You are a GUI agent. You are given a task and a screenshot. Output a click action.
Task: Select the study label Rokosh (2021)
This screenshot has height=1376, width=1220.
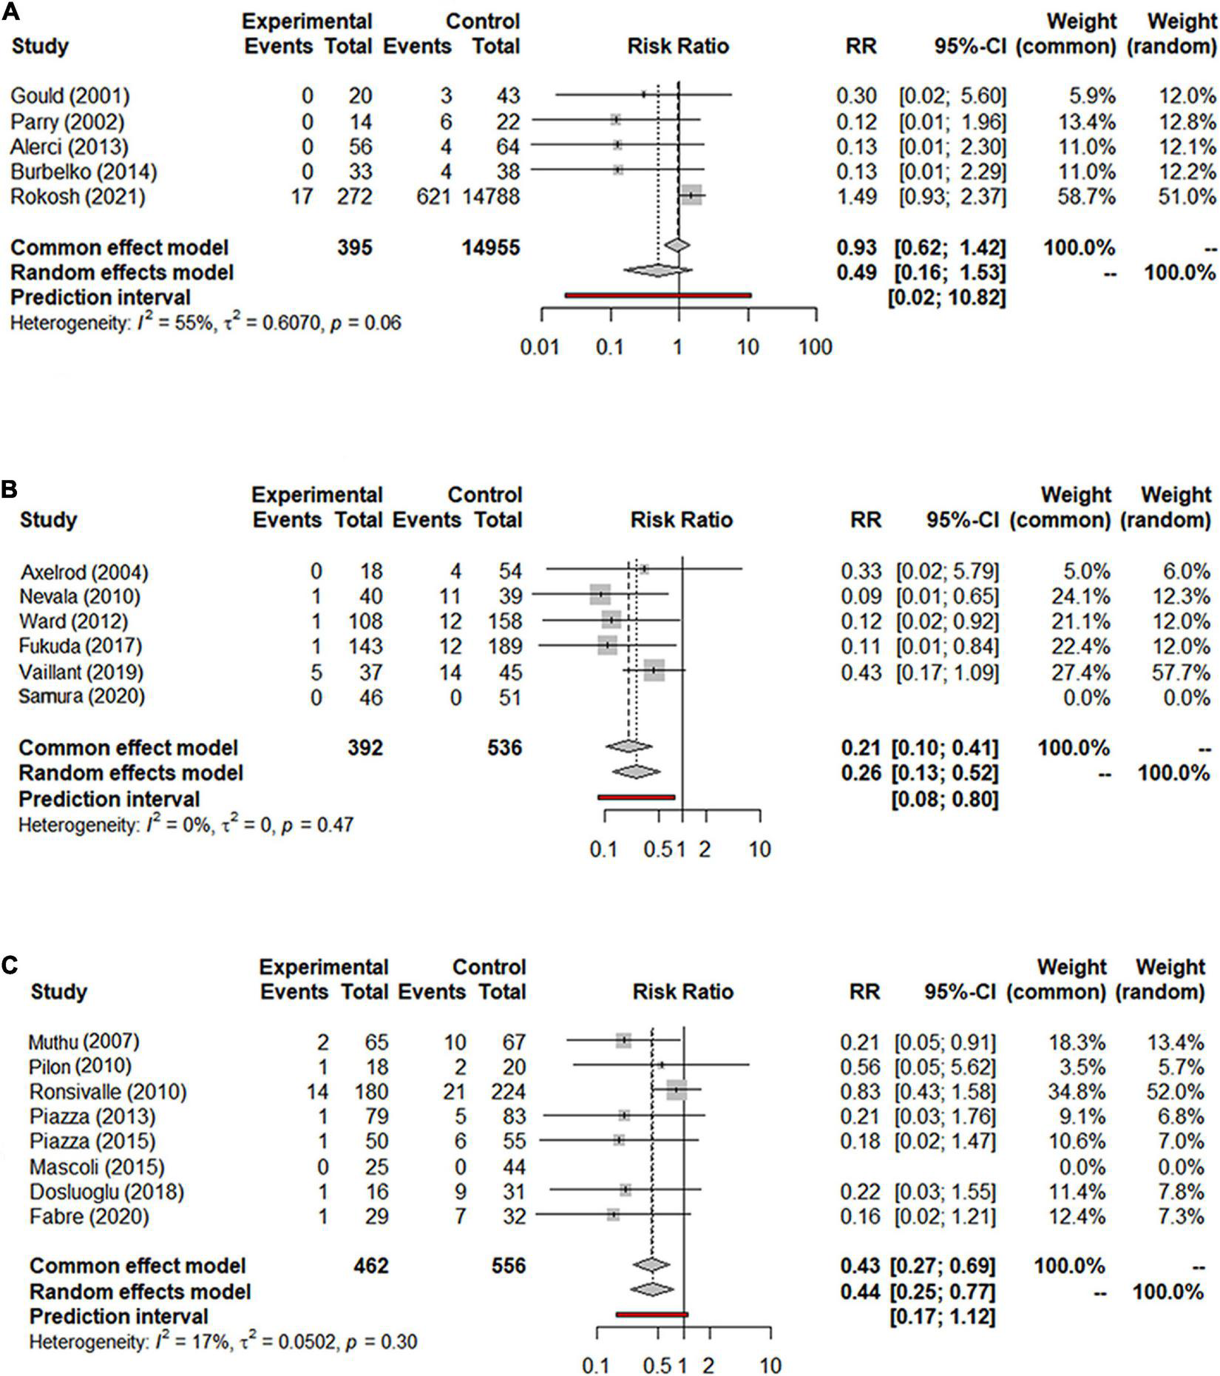[78, 197]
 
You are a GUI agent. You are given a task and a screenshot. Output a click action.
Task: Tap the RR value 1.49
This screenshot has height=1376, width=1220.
[856, 197]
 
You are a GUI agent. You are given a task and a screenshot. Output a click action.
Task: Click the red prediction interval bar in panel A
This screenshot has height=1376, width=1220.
[657, 295]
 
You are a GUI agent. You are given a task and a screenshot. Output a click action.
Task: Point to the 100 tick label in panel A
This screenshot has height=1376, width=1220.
[816, 346]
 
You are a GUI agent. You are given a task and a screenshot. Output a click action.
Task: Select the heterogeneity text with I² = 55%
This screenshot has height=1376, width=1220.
[206, 323]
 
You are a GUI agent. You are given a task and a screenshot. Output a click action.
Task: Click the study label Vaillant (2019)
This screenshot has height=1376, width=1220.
[81, 672]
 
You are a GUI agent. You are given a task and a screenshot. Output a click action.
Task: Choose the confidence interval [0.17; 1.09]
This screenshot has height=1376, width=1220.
[947, 672]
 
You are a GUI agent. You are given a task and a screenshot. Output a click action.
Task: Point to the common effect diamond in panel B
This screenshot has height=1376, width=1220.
[628, 747]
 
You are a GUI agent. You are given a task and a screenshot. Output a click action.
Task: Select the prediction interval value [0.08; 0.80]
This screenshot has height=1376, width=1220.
[945, 799]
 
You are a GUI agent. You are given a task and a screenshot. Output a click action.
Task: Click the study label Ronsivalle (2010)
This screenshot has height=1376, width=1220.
[108, 1092]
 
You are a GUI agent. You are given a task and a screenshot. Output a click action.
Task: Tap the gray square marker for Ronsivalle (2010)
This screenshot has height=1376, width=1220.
[677, 1090]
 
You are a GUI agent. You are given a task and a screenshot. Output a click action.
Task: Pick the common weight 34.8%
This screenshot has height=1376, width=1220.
[1077, 1092]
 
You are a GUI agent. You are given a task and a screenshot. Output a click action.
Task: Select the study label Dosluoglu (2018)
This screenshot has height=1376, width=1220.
[106, 1192]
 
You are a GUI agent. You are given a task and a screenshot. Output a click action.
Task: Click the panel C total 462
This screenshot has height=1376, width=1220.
[370, 1266]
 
